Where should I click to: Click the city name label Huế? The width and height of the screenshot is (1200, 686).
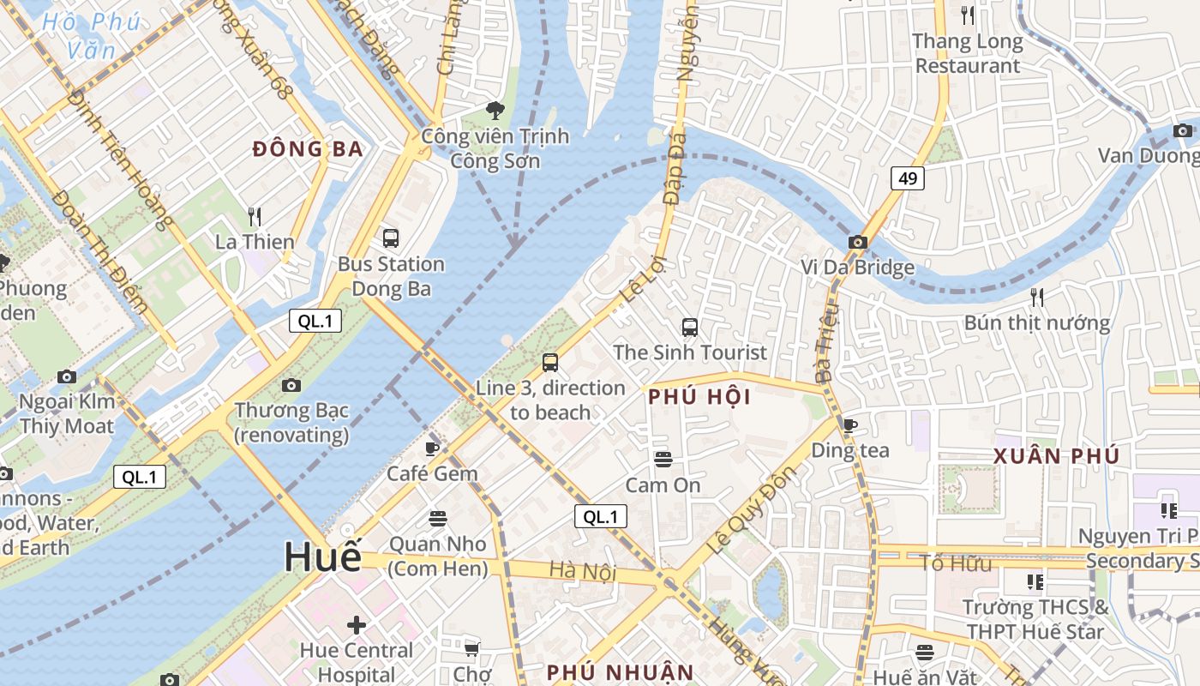point(323,557)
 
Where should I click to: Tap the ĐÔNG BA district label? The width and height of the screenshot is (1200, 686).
point(309,149)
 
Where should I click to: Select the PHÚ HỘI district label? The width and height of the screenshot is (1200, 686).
point(699,397)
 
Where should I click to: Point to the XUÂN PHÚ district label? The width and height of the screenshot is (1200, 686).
point(1057,456)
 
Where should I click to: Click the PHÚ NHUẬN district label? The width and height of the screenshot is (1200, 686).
point(620,671)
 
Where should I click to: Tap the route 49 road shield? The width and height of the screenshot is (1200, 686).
point(907,178)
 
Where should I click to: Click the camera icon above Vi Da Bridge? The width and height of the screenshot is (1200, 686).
point(857,243)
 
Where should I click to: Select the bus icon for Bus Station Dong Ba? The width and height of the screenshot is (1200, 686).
point(391,238)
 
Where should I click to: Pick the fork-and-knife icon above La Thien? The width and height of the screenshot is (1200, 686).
point(254,216)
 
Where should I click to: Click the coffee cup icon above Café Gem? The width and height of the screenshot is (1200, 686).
point(432,448)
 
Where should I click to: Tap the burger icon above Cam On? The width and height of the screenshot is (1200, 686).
point(663,460)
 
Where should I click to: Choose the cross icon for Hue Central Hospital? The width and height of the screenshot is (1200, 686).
point(356,625)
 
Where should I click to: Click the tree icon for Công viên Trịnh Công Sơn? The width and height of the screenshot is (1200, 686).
point(495,110)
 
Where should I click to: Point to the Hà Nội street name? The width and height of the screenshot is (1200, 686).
point(583,570)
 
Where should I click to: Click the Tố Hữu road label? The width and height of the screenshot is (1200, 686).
point(956,563)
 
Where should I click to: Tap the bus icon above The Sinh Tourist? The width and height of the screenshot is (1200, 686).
point(690,327)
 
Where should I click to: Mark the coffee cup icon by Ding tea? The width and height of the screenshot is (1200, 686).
point(849,425)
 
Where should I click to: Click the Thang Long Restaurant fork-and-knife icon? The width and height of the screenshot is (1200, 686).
point(968,15)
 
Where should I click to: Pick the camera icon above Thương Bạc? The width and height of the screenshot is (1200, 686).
point(291,385)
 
